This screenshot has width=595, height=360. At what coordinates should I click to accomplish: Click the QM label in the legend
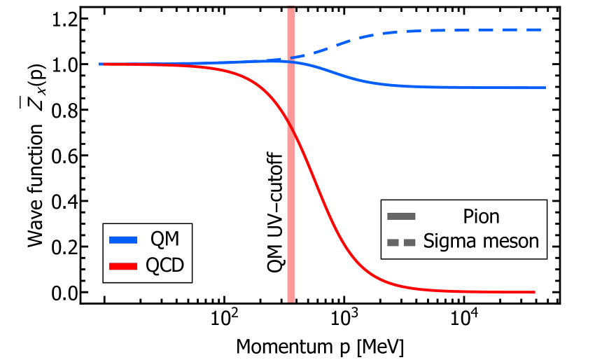164,239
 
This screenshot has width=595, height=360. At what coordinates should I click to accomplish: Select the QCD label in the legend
164,266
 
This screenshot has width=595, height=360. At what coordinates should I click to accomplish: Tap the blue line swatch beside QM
123,240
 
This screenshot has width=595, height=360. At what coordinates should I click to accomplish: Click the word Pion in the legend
481,216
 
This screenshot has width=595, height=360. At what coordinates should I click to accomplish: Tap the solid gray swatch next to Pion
401,216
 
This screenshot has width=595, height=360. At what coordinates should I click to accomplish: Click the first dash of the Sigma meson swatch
393,242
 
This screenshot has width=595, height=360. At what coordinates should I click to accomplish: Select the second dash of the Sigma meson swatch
409,242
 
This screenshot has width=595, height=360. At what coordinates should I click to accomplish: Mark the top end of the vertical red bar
290,9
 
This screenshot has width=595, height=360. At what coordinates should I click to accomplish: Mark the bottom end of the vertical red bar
290,301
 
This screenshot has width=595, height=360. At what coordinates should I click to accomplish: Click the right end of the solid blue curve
544,88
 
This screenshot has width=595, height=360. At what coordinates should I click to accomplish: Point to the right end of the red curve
534,292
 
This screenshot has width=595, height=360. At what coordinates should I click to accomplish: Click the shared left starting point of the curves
101,64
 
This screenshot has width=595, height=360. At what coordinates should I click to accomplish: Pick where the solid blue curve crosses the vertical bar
290,62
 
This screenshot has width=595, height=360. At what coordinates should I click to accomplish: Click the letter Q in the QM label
157,239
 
